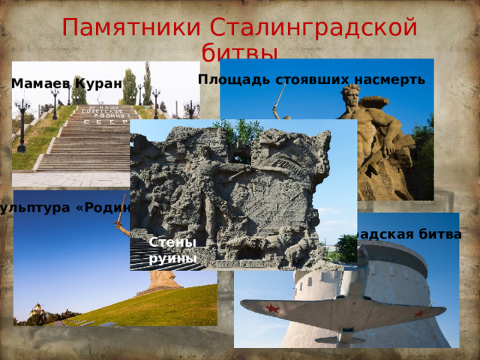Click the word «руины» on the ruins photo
(172, 258)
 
